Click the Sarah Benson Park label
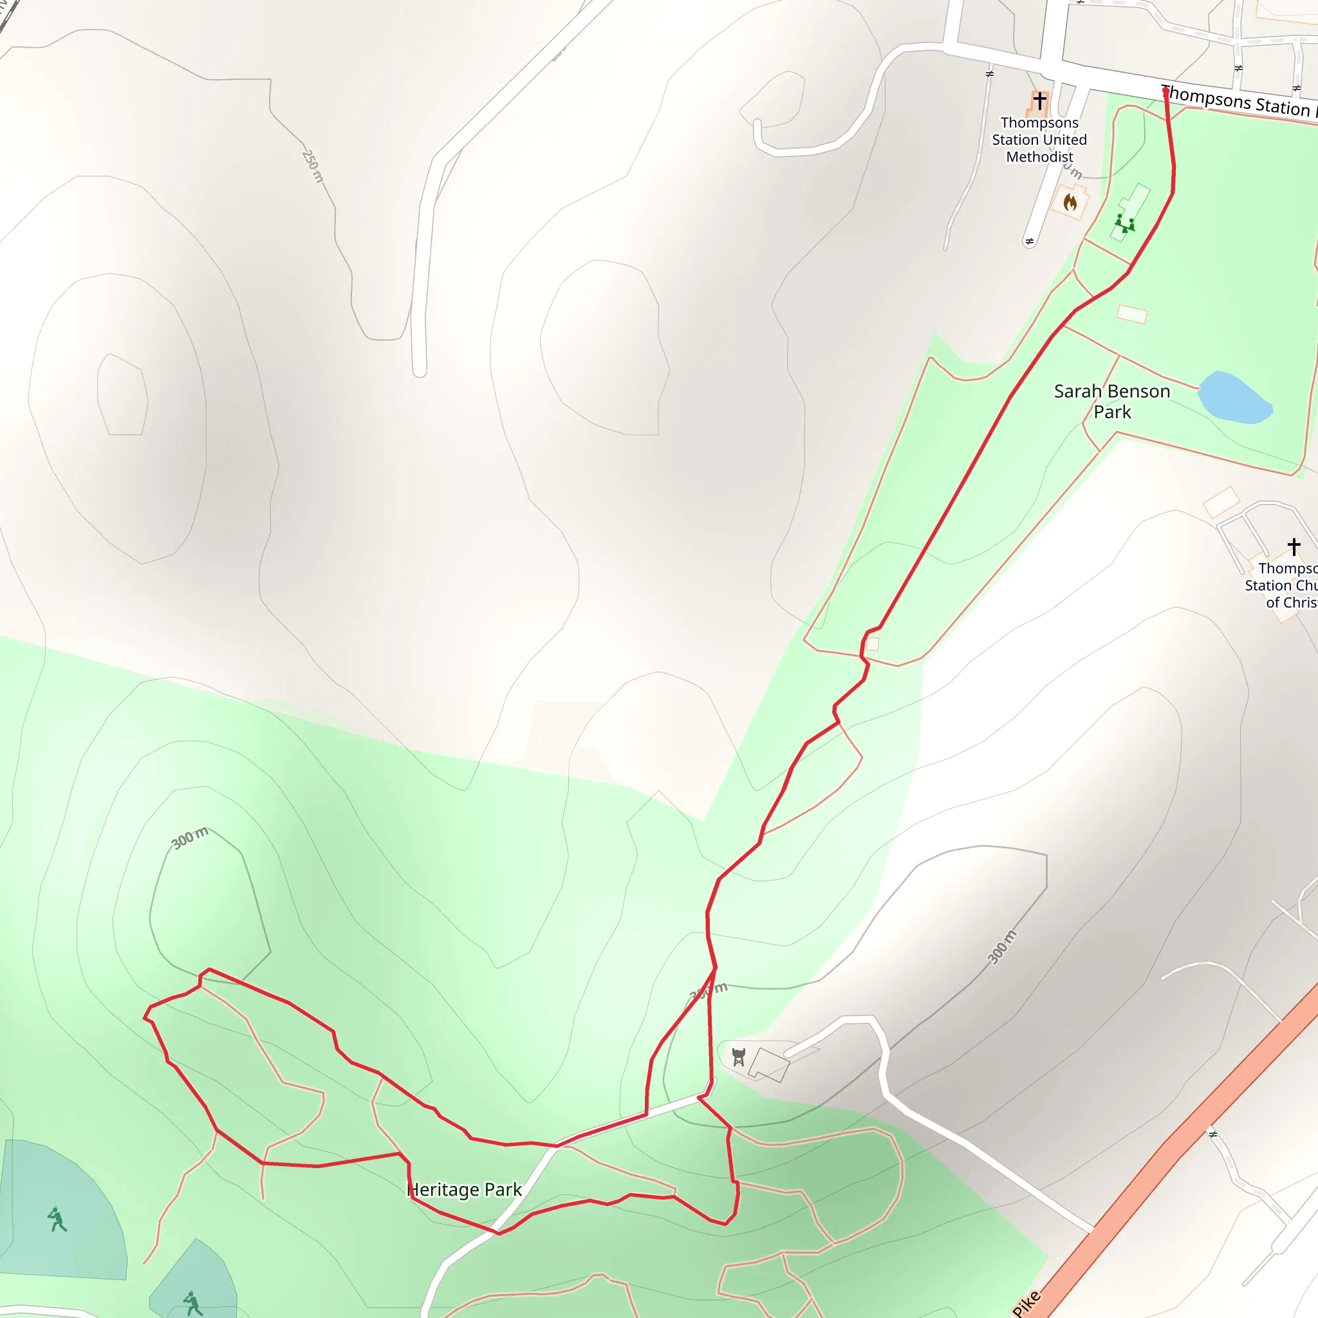1112,401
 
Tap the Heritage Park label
465,1190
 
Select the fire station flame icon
1070,202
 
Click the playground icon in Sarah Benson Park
1124,223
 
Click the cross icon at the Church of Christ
1294,546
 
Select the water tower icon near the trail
738,1057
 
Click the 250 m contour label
312,166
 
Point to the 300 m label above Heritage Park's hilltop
190,839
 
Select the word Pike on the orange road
1026,1303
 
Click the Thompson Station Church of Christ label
1283,586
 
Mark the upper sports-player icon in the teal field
57,1219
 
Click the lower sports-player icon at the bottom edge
193,1304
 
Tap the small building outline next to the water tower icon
769,1065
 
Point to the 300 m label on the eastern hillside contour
1002,947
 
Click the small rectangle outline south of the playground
1132,315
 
